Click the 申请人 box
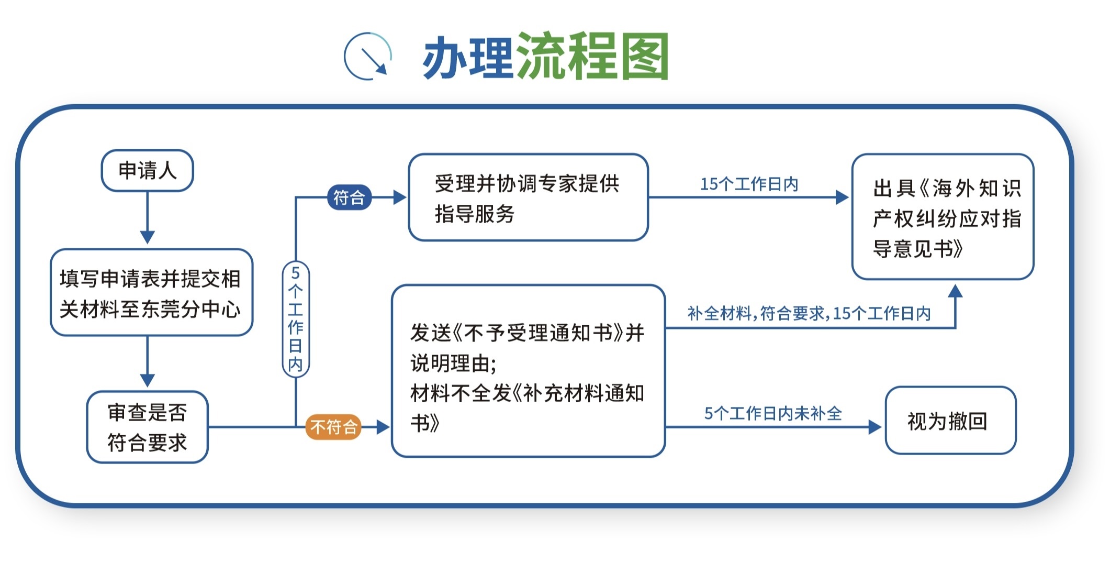point(147,171)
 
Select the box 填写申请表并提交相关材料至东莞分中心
point(151,292)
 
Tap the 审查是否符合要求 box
point(147,427)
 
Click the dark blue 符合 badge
point(349,197)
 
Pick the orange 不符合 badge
point(334,427)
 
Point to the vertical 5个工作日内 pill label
point(296,319)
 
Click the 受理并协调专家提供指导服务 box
point(528,197)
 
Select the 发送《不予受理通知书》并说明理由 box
point(528,371)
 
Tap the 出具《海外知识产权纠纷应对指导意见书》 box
point(943,217)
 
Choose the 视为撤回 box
point(950,421)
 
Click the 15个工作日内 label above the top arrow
point(749,184)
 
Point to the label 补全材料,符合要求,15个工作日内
point(809,313)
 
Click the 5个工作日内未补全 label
point(773,413)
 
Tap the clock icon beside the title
point(368,56)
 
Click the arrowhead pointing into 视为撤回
point(875,427)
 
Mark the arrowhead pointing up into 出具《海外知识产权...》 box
point(956,291)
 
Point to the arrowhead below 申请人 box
point(148,237)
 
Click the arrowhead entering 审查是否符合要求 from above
point(148,380)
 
